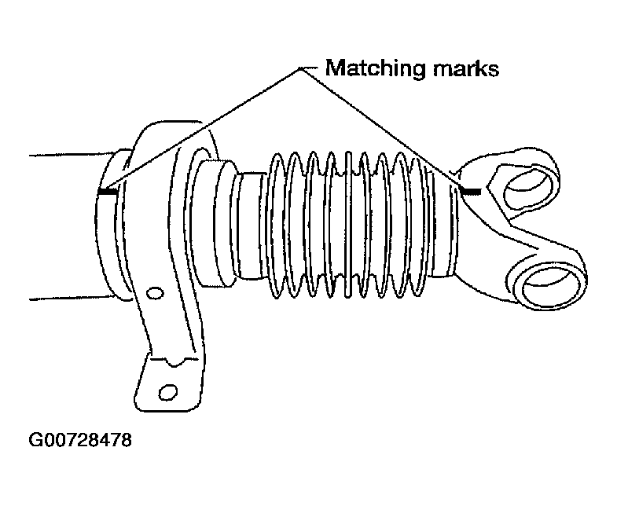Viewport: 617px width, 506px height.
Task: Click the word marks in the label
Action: pos(466,68)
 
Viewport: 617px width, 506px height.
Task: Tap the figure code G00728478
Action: pos(80,439)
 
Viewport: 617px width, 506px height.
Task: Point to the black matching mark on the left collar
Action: pos(107,192)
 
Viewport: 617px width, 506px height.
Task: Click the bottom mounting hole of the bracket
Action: pos(168,392)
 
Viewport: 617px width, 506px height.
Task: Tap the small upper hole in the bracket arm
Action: pos(155,293)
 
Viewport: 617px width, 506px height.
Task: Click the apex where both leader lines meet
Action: pos(300,69)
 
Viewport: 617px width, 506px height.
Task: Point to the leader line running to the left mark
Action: pos(202,129)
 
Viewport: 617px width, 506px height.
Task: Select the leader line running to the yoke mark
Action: pos(380,128)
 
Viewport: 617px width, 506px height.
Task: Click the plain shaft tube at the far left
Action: pos(67,226)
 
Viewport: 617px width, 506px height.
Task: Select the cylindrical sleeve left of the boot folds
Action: pos(215,222)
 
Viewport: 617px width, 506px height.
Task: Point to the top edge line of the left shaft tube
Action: pos(72,154)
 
